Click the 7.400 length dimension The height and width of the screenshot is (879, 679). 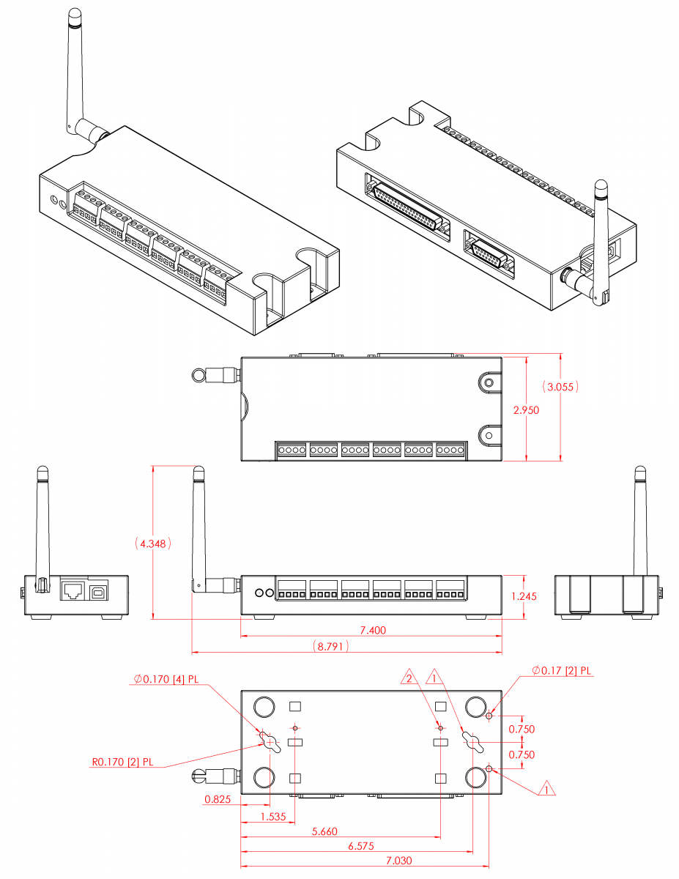(372, 630)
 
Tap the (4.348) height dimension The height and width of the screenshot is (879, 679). (153, 544)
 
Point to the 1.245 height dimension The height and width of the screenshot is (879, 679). (524, 596)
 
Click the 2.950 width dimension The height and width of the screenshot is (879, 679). (526, 410)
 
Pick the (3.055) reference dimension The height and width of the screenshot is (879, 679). (560, 386)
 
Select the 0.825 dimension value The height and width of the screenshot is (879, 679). (217, 799)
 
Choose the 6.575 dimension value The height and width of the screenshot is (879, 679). (360, 846)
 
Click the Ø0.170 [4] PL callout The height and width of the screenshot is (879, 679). (166, 679)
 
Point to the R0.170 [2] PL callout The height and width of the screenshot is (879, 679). (122, 762)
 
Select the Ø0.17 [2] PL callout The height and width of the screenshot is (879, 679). (562, 670)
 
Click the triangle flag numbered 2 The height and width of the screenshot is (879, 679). (409, 678)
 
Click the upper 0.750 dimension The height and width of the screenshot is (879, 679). (522, 729)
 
